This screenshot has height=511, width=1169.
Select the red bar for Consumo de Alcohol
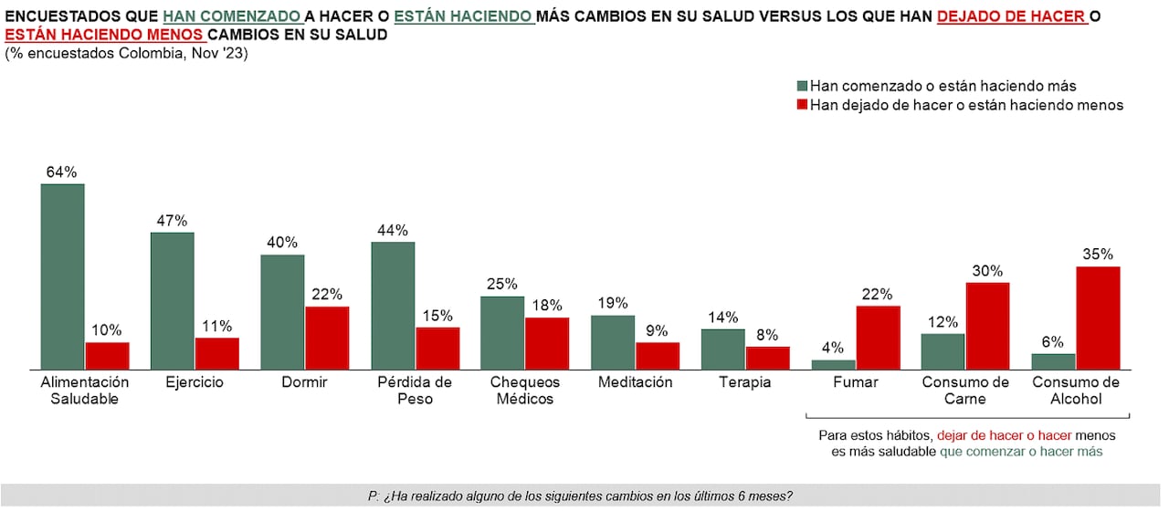[x=1098, y=318]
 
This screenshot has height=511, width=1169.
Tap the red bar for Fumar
[x=878, y=338]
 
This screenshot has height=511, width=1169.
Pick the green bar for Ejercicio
[x=172, y=300]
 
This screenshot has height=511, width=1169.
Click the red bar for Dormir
[x=327, y=338]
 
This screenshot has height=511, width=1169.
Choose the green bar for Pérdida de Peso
[x=393, y=305]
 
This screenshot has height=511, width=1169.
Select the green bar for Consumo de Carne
[x=943, y=351]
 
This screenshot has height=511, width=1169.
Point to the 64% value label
[x=62, y=172]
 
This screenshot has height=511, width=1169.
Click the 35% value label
[x=1098, y=255]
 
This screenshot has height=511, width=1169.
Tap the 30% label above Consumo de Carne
[x=987, y=271]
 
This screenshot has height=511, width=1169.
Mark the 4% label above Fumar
[x=833, y=348]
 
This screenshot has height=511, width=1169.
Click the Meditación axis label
[x=635, y=382]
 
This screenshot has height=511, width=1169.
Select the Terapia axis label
[x=745, y=382]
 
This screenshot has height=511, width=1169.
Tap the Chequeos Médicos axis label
[x=524, y=391]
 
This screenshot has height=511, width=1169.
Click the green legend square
[x=803, y=86]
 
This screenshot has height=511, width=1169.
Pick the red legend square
[x=803, y=105]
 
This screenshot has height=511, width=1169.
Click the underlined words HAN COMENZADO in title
[x=233, y=16]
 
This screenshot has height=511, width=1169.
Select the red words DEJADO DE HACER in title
[x=1011, y=16]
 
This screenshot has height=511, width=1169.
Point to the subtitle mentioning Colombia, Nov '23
[x=126, y=54]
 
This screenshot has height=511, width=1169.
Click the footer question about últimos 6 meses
[x=580, y=496]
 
